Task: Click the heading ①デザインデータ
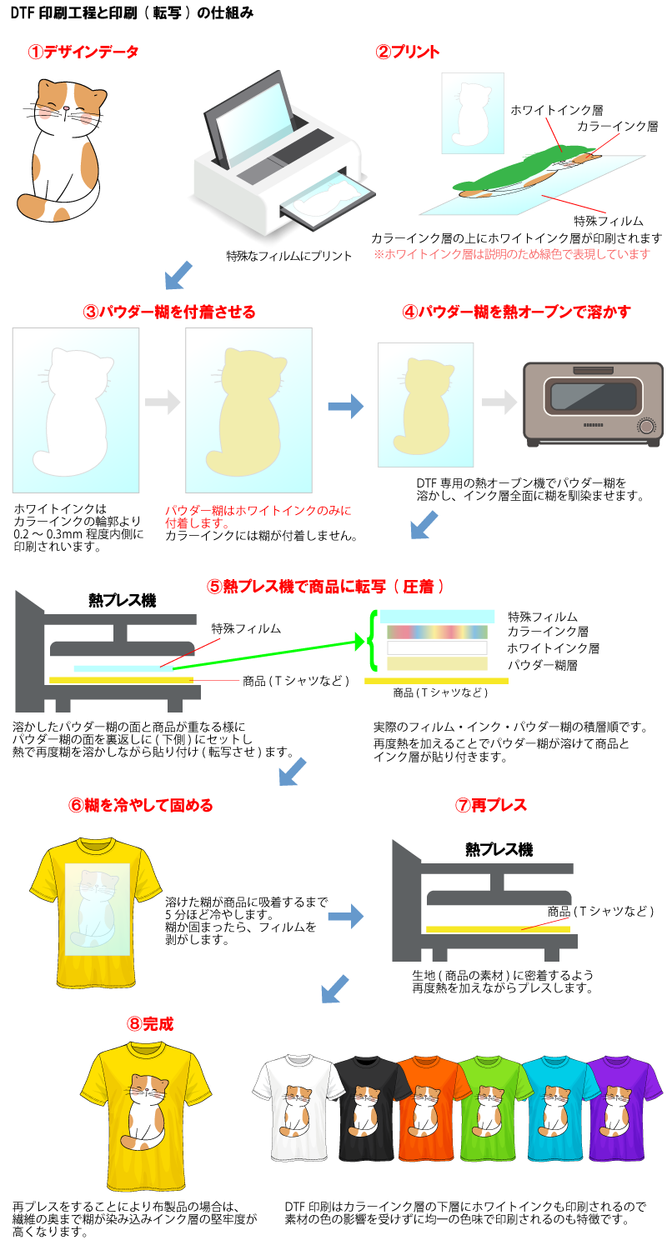(83, 52)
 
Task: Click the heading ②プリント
(408, 52)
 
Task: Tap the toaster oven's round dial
(645, 426)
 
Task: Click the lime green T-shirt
(494, 1108)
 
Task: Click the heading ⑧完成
(150, 1024)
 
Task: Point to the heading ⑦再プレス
(491, 805)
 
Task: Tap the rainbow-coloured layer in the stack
(437, 632)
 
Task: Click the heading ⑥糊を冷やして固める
(140, 805)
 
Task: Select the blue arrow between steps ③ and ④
(345, 407)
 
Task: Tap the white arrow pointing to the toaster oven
(499, 403)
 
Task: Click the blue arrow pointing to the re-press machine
(345, 916)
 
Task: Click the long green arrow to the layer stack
(267, 655)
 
